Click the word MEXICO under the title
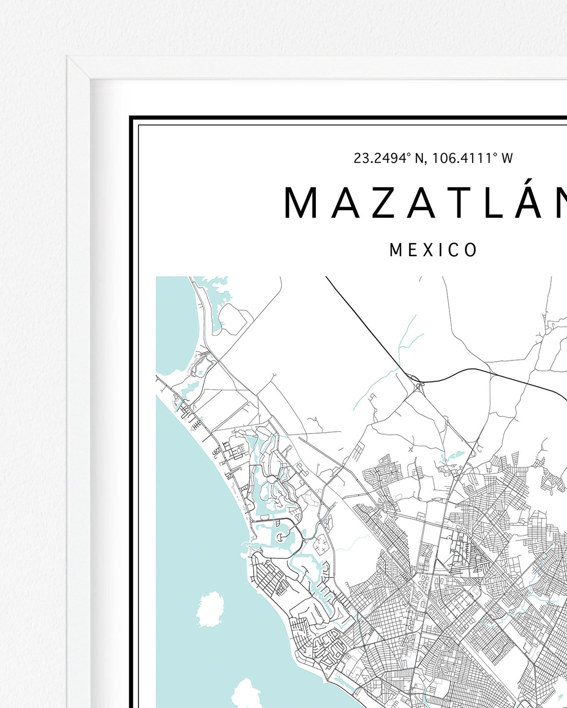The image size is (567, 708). coord(433,250)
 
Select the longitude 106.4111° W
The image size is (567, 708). coord(472,158)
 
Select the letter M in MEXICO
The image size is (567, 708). coord(396,250)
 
